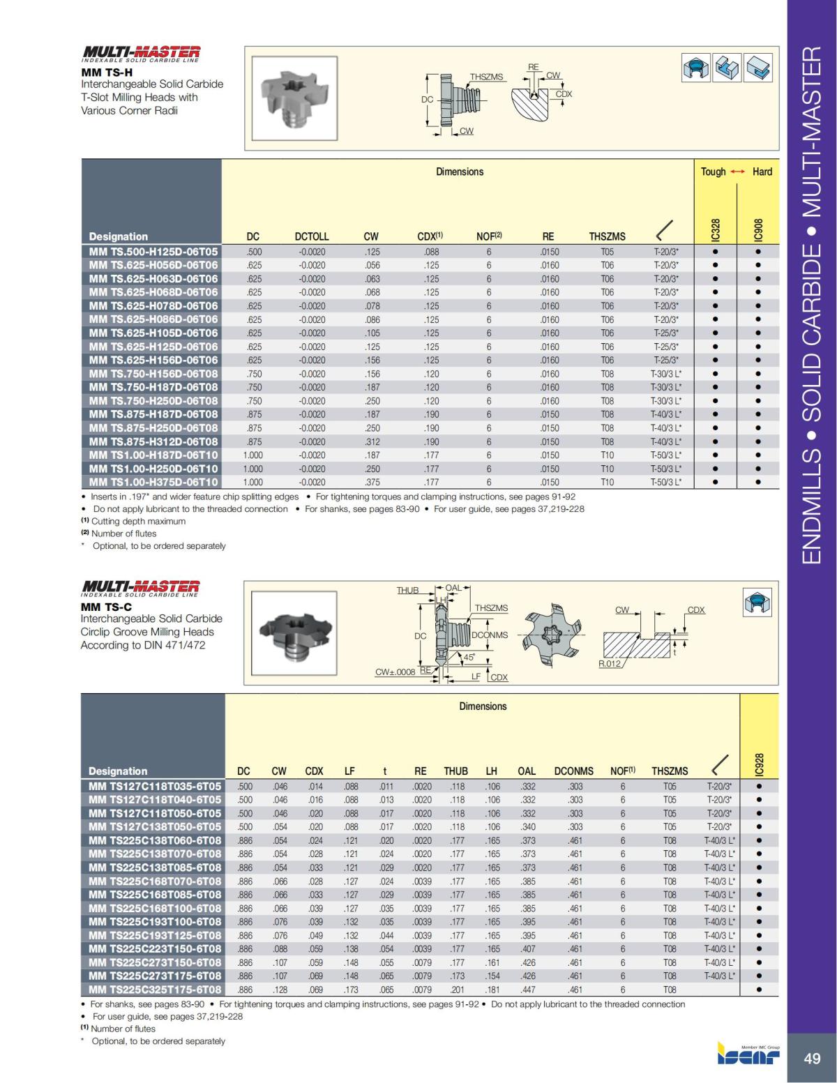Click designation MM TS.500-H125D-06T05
(x=153, y=252)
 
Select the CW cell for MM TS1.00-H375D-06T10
(x=372, y=482)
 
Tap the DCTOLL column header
(x=311, y=236)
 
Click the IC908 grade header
(x=758, y=229)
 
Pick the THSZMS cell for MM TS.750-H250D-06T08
(x=607, y=401)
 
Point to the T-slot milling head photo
(x=292, y=98)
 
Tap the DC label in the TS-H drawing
(x=427, y=100)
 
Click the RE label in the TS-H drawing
(x=534, y=67)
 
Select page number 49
(x=812, y=1059)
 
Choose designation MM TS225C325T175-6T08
(x=155, y=990)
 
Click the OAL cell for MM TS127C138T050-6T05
(x=527, y=827)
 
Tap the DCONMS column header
(x=573, y=771)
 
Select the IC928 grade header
(x=759, y=764)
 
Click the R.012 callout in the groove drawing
(x=609, y=663)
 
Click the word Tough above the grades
(x=713, y=172)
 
